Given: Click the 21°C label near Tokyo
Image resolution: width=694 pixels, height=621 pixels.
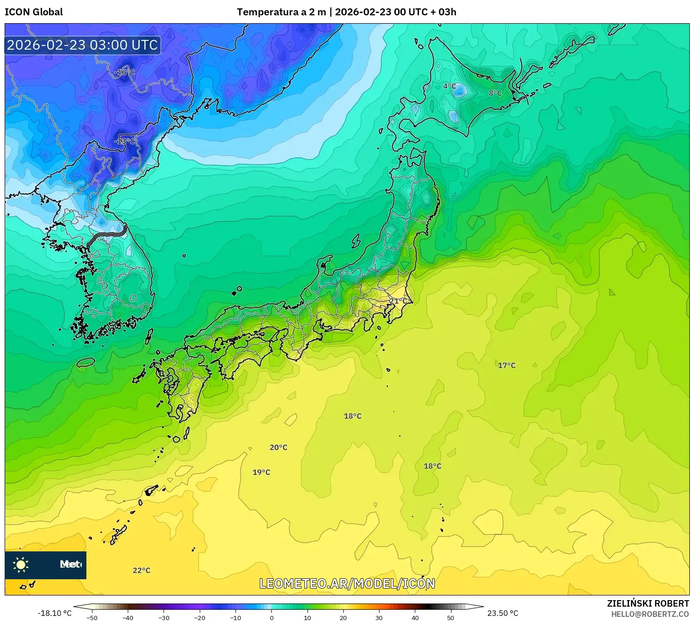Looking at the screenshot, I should [x=398, y=301].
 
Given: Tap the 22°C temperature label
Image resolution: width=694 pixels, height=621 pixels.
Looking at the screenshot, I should [x=142, y=570].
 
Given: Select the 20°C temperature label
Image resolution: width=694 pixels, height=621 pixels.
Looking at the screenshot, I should [x=279, y=447].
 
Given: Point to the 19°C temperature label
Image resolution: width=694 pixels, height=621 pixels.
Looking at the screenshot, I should [x=262, y=472].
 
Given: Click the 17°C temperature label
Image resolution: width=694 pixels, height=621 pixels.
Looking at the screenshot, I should [x=507, y=365].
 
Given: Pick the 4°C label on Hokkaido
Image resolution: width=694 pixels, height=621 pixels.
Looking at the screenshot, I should [x=449, y=86].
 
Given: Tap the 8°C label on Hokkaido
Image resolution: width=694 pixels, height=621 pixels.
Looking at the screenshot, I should [x=495, y=93].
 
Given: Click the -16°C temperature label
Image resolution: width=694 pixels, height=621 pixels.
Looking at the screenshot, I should [x=124, y=72].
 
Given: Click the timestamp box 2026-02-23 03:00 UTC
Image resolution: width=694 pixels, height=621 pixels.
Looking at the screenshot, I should [x=83, y=45].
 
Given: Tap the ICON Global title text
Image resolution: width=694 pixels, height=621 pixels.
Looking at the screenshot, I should [x=34, y=12].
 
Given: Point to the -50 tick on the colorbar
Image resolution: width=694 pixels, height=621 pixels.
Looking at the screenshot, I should [x=92, y=617].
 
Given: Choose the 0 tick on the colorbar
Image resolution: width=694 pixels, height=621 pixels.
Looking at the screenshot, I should [x=272, y=617].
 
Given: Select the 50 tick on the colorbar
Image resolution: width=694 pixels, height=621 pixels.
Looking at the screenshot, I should [x=451, y=617].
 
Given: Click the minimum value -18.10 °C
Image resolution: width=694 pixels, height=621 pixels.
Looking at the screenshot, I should [x=55, y=613].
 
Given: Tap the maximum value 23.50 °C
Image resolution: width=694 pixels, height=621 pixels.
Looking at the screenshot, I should [x=503, y=613].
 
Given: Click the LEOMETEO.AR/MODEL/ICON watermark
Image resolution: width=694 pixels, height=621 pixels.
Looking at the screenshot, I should [x=347, y=584].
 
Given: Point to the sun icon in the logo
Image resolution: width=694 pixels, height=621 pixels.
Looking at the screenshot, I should [x=21, y=565].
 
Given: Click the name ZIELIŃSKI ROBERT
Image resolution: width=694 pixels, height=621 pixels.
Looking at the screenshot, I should [x=648, y=603].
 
